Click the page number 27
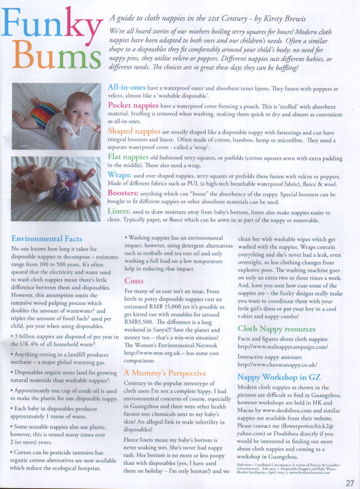(350, 483)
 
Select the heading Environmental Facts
(46, 238)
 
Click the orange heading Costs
(134, 281)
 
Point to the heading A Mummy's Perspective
(165, 373)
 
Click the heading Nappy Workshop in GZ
(279, 377)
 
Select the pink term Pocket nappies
(133, 105)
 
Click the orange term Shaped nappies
(134, 131)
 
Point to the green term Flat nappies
(128, 157)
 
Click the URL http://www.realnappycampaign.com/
(282, 347)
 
